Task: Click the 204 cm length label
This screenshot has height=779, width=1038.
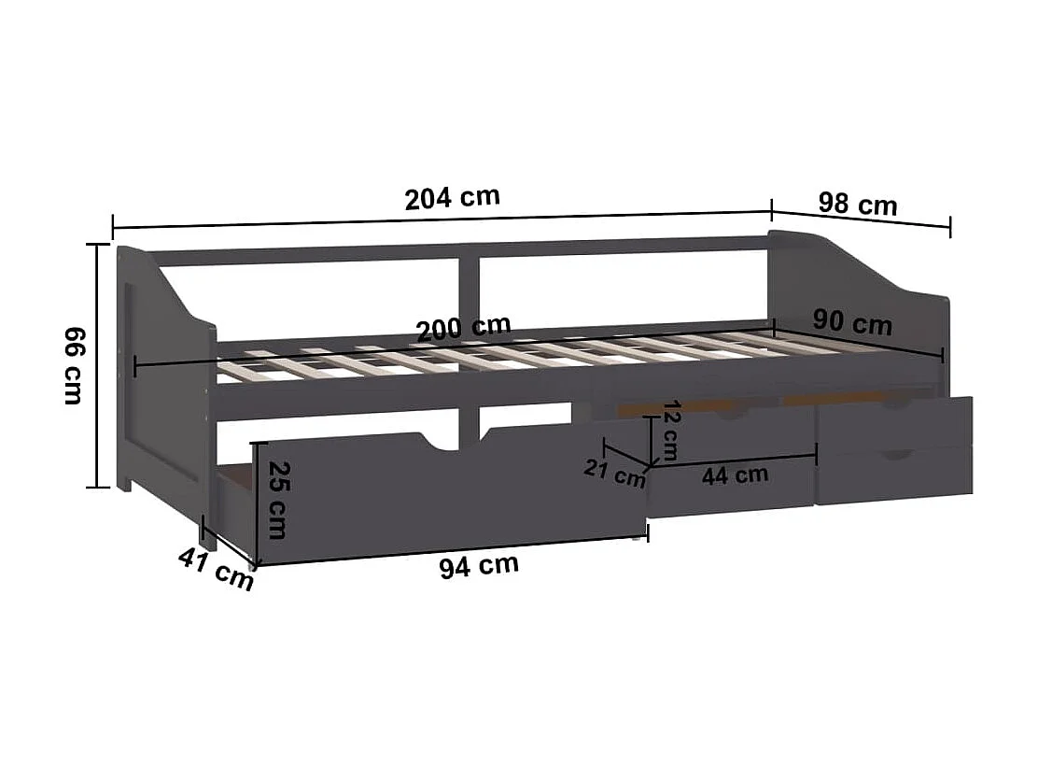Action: click(453, 198)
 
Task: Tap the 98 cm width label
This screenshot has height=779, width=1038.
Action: click(857, 204)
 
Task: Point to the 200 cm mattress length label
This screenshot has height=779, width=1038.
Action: click(464, 327)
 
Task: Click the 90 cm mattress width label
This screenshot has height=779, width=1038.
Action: click(851, 322)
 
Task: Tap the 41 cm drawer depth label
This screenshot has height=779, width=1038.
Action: click(216, 569)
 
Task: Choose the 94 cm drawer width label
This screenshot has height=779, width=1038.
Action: click(479, 566)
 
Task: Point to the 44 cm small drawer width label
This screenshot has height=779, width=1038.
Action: click(736, 474)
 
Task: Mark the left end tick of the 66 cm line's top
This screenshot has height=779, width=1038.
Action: click(98, 245)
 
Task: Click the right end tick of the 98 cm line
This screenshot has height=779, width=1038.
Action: click(950, 226)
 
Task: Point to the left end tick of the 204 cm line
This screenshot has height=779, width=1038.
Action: click(113, 227)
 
